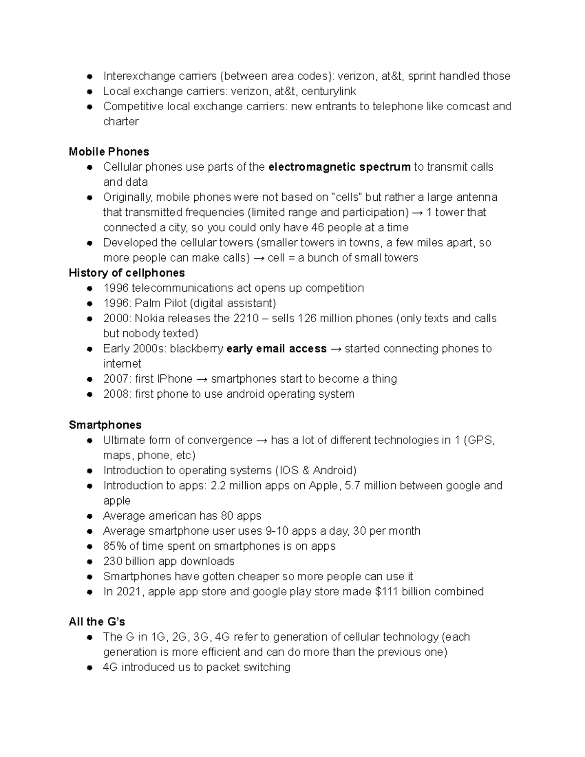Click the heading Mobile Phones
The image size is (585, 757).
pos(109,152)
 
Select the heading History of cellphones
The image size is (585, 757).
pos(127,272)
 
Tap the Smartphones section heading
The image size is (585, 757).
pos(105,425)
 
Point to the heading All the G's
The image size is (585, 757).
pos(97,621)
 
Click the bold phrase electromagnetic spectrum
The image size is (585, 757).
pos(339,167)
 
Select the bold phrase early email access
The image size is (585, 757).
pos(276,349)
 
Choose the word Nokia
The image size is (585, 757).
pos(149,318)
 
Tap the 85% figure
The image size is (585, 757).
pos(115,546)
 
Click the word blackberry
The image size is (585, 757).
pos(196,349)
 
